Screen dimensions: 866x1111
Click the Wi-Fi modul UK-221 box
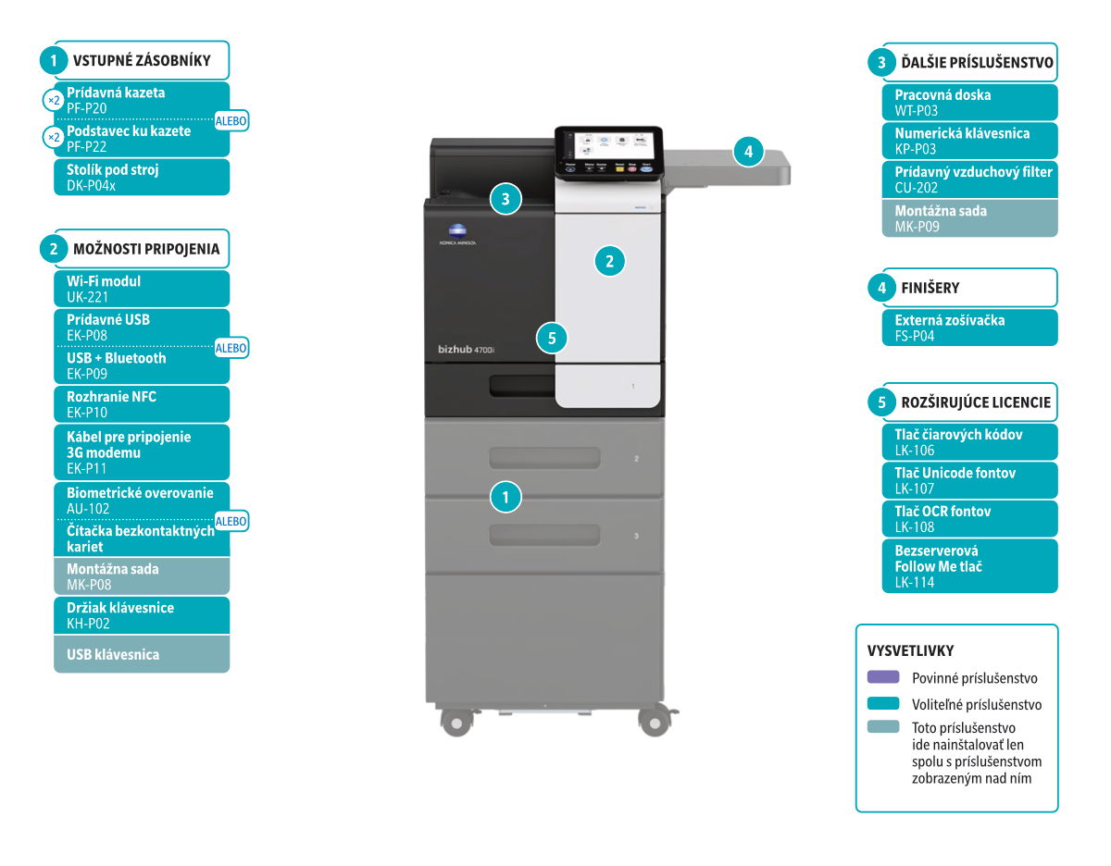[141, 289]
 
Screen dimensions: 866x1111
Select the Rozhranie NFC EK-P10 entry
[141, 404]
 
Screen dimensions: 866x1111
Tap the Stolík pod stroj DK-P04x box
[141, 178]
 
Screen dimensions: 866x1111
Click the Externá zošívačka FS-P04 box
[968, 328]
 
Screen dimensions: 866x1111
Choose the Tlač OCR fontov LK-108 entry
[968, 519]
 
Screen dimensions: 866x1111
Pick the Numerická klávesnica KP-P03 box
[968, 141]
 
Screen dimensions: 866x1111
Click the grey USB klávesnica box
[141, 654]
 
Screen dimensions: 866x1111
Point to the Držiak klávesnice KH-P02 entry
[141, 615]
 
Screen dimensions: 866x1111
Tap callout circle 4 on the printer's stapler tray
[749, 151]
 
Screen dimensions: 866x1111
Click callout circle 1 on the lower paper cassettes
[506, 497]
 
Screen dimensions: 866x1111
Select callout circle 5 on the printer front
[552, 338]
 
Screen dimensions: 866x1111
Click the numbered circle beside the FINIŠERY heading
[881, 289]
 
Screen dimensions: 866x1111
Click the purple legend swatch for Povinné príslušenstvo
[883, 677]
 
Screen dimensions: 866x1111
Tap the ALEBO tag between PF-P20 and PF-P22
[231, 120]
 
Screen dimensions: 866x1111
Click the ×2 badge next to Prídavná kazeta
[54, 100]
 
